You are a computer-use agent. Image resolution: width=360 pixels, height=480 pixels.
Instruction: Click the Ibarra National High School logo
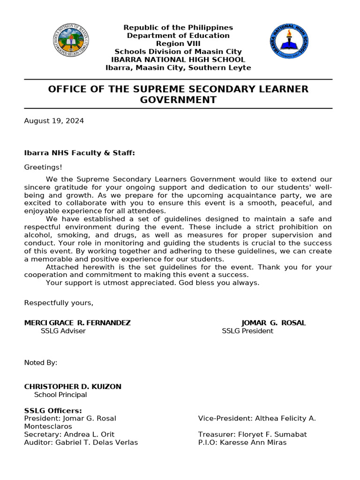click(x=289, y=41)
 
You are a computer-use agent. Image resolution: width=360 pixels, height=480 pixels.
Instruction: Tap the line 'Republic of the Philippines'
click(x=178, y=28)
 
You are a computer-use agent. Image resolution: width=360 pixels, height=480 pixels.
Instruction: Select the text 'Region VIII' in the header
click(x=178, y=44)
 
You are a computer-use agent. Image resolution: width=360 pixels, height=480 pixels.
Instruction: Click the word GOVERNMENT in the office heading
click(x=178, y=100)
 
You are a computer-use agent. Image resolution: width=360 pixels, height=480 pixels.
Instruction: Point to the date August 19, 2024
click(x=54, y=121)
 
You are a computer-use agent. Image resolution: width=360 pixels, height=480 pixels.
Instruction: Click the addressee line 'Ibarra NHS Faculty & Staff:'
click(x=80, y=153)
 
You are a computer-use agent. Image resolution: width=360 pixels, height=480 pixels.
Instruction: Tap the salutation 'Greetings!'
click(x=43, y=167)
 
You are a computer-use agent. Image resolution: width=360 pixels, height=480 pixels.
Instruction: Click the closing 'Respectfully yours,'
click(x=59, y=303)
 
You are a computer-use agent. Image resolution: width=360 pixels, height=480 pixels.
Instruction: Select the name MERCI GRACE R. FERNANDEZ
click(x=77, y=323)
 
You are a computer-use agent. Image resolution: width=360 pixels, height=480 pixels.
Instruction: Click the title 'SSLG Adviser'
click(x=63, y=331)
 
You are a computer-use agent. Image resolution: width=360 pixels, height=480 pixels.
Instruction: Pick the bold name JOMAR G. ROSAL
click(x=273, y=323)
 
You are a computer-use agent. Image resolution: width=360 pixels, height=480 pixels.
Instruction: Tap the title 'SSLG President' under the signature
click(x=247, y=331)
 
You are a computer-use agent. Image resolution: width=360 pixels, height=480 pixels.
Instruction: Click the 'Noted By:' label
click(x=41, y=363)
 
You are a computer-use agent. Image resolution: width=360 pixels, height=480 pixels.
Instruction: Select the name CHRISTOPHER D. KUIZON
click(x=73, y=387)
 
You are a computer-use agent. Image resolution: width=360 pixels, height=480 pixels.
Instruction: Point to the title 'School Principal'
click(x=60, y=395)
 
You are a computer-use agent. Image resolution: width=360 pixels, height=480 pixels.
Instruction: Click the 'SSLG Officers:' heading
click(x=53, y=411)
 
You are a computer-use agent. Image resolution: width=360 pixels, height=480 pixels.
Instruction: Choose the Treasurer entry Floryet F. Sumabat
click(x=252, y=435)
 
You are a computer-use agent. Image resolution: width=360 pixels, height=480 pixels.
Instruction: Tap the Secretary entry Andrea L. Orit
click(x=69, y=435)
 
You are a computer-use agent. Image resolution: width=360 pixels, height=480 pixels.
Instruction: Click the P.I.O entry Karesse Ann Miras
click(x=242, y=442)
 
